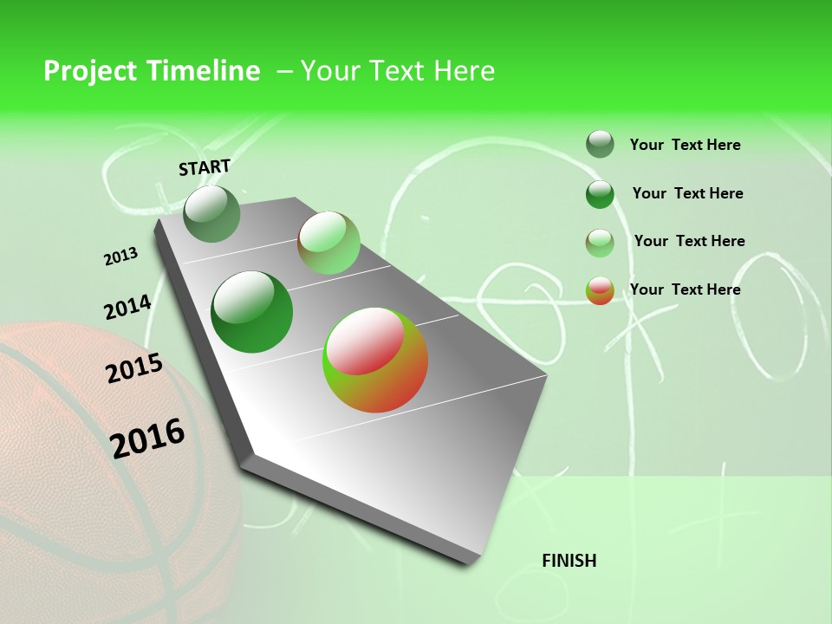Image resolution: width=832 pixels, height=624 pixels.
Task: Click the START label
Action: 205,167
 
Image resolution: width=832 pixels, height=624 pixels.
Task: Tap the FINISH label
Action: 569,561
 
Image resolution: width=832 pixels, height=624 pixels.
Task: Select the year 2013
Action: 121,257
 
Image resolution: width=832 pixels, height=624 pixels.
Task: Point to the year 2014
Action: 127,308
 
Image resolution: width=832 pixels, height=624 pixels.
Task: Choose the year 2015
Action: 134,368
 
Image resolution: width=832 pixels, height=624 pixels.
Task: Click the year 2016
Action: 147,438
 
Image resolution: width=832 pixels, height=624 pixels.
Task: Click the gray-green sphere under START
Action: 211,213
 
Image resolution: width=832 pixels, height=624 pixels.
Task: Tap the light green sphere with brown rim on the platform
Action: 328,243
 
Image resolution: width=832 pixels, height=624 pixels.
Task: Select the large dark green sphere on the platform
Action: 251,312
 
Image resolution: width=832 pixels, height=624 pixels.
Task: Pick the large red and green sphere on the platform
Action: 375,360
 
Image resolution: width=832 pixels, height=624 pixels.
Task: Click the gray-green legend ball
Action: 600,144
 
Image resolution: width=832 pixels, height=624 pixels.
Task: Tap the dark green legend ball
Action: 600,194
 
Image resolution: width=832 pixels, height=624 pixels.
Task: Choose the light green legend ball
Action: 600,243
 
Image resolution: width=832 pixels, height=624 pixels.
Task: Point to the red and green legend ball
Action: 600,290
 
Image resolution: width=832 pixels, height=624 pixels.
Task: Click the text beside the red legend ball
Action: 685,289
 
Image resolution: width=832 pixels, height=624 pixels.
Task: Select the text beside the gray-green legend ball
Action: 685,145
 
